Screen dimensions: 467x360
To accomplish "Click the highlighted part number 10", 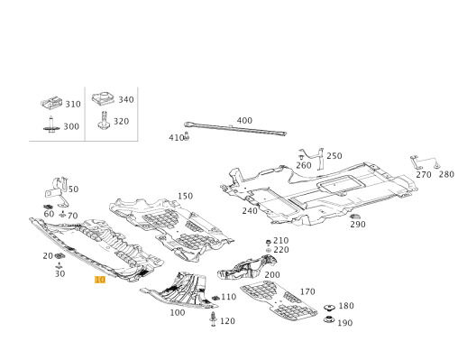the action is click(x=100, y=280).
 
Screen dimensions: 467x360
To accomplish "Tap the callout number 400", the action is click(x=244, y=121).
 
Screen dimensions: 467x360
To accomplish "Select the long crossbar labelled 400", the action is click(x=235, y=129).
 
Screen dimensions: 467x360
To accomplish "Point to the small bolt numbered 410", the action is click(x=187, y=136).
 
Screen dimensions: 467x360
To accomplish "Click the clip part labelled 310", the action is click(x=51, y=103).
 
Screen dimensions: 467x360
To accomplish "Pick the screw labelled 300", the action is click(x=51, y=125).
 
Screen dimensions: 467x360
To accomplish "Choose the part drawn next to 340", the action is click(x=103, y=98).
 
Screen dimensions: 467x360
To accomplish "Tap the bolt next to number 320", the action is click(x=104, y=120).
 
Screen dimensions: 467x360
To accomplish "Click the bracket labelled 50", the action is click(x=58, y=191).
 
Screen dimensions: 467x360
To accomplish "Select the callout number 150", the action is click(x=185, y=196).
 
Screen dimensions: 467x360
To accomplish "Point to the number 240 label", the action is click(x=250, y=211).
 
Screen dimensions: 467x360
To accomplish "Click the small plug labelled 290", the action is click(x=355, y=217).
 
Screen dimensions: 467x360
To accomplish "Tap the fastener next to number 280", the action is click(x=437, y=165).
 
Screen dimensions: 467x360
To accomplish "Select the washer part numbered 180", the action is click(x=329, y=308).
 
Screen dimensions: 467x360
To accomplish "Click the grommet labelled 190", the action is click(x=329, y=319).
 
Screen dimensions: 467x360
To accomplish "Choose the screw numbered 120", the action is click(x=214, y=319).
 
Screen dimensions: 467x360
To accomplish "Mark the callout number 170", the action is click(x=307, y=291).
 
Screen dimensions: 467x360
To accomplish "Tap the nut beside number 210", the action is click(x=269, y=242).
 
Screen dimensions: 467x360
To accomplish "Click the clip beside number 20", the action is click(x=60, y=256).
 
